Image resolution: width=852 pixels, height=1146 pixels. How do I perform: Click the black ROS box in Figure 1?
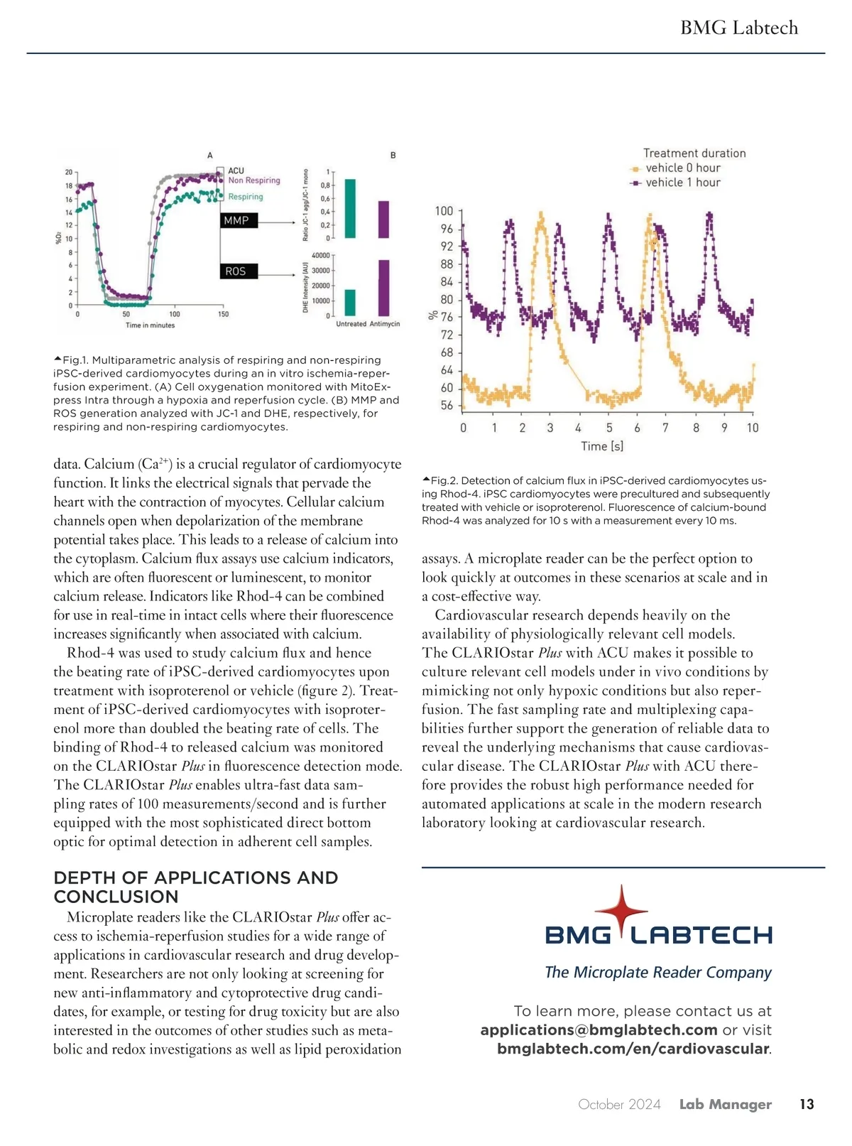point(236,271)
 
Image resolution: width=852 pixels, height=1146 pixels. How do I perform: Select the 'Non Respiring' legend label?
point(253,180)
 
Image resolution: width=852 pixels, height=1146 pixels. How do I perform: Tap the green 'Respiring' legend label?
point(245,197)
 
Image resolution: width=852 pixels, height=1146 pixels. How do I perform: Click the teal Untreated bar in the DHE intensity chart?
point(350,302)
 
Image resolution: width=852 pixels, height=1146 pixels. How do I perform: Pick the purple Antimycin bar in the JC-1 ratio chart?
point(383,220)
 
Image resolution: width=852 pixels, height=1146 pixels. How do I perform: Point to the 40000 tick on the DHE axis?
point(321,256)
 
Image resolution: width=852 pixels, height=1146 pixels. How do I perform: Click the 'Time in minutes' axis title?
point(150,325)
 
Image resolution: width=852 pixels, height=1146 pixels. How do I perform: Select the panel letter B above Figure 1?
point(393,156)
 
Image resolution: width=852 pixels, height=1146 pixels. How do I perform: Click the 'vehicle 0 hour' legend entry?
point(682,168)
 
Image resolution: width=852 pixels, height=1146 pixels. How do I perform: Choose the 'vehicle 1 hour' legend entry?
point(682,183)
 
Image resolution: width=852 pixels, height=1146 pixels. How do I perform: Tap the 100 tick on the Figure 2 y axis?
point(444,211)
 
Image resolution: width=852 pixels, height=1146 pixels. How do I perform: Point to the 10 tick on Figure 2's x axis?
point(753,428)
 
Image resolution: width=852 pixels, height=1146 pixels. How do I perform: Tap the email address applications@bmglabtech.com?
point(599,1030)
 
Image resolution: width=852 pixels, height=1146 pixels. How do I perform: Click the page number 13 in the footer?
point(807,1104)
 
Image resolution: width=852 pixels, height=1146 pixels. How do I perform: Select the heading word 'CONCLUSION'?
point(116,897)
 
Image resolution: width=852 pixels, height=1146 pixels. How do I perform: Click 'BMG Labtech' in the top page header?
point(739,28)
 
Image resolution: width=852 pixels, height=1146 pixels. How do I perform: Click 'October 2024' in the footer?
point(619,1104)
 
